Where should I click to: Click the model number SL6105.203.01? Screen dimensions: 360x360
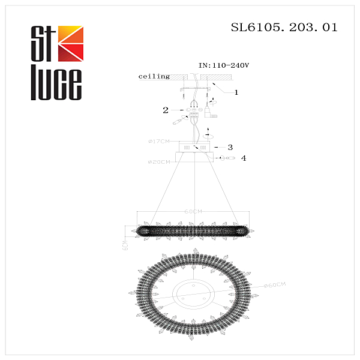pos(284,28)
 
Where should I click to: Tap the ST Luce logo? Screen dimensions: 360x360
pos(56,62)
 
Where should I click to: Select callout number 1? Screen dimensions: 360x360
pos(236,92)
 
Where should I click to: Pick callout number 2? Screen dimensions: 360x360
pos(165,110)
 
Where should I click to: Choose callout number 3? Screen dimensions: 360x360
pos(230,146)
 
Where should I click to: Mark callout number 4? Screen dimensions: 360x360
pos(243,158)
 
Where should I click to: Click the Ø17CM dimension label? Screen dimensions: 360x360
pos(160,142)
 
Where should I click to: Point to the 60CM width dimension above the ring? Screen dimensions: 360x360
pos(193,212)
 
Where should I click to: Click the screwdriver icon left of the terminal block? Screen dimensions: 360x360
pos(178,122)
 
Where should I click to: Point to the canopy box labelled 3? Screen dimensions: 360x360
pos(195,146)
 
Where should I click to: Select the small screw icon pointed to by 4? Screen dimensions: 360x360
pos(227,158)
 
